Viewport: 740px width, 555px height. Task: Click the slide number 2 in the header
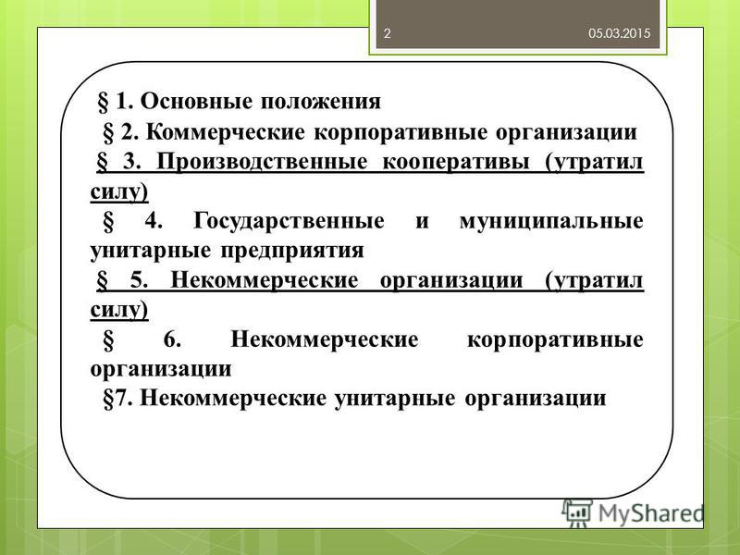point(387,33)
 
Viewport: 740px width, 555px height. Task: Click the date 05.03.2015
point(619,33)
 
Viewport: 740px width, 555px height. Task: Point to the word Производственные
point(262,162)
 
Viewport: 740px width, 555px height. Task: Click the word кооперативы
point(455,163)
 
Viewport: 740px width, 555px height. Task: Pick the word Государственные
point(289,221)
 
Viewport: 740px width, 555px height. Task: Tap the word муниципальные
point(551,222)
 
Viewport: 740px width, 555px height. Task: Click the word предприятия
point(292,251)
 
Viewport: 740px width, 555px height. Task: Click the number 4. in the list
point(154,220)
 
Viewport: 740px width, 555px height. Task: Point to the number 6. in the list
point(172,339)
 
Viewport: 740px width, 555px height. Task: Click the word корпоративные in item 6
point(555,340)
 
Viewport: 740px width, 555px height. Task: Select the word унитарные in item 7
point(395,399)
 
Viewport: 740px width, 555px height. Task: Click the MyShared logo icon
point(577,512)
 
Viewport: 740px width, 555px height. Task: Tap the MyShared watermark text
point(650,513)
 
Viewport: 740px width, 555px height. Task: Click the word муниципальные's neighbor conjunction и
point(422,222)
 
